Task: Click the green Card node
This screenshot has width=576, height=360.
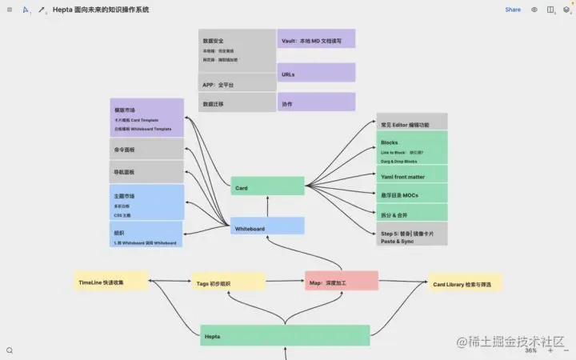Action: (x=267, y=186)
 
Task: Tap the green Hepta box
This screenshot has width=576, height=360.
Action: (x=284, y=335)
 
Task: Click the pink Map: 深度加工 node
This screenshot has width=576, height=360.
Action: (x=341, y=281)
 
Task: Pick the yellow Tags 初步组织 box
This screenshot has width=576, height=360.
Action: (x=228, y=282)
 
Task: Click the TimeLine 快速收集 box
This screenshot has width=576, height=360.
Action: (x=111, y=281)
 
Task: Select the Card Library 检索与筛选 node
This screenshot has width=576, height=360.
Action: (x=465, y=282)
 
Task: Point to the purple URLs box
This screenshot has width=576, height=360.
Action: (x=316, y=73)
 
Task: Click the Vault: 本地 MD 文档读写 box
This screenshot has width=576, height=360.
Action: (x=316, y=38)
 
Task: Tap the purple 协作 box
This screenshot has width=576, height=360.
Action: (x=316, y=102)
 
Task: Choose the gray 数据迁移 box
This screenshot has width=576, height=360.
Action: (x=237, y=102)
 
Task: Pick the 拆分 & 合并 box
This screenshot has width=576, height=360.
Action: (x=412, y=214)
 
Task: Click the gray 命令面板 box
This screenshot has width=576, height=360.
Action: (x=146, y=149)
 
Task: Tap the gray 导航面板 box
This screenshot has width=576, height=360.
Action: (x=146, y=171)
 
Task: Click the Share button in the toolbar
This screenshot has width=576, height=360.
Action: (x=513, y=10)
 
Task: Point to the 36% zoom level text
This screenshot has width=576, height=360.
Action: (x=530, y=350)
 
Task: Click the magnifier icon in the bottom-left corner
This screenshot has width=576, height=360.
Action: (x=10, y=350)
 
